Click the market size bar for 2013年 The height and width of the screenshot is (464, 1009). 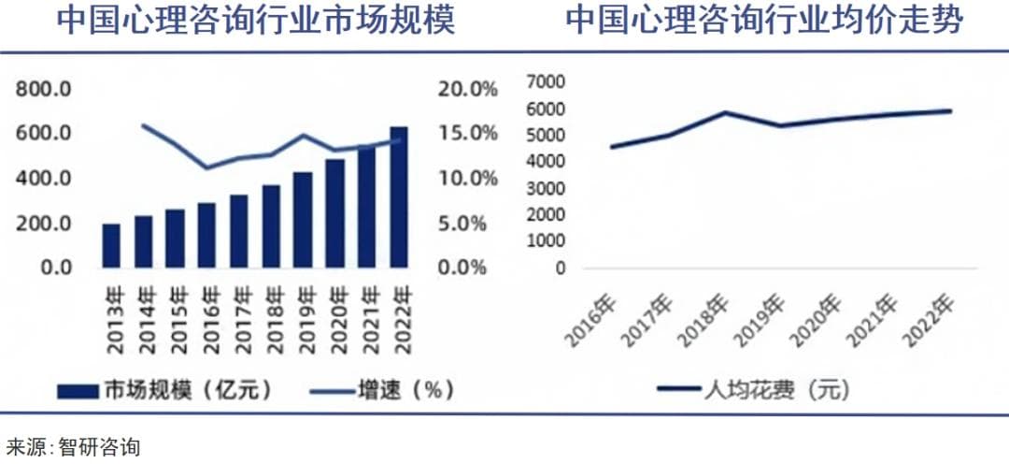click(111, 245)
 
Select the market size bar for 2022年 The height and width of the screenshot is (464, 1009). click(399, 196)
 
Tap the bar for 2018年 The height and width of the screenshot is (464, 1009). click(271, 225)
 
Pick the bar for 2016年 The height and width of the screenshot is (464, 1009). click(206, 235)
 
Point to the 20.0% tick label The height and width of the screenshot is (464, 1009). click(467, 90)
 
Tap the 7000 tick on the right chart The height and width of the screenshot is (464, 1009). click(547, 82)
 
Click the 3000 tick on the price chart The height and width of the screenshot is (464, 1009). click(547, 188)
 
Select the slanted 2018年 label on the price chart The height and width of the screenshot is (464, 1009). click(708, 320)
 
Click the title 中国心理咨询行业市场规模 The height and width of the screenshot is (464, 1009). click(256, 21)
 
